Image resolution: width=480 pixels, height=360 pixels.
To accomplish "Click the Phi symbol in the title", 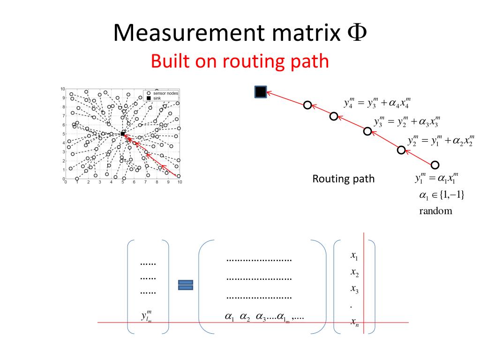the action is (357, 33).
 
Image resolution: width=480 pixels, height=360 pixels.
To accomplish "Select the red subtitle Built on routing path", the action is (240, 61).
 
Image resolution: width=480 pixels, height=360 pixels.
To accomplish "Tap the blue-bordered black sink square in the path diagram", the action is (260, 92).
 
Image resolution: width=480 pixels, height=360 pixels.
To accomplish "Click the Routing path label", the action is (343, 179).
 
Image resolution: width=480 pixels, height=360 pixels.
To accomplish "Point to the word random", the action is (435, 210).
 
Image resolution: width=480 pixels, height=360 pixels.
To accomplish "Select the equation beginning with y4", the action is (377, 102).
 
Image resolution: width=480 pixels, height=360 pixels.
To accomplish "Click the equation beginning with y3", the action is (407, 121).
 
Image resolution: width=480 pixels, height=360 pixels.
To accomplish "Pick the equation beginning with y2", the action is (440, 140).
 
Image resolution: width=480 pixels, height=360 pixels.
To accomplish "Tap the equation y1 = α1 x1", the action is (435, 178).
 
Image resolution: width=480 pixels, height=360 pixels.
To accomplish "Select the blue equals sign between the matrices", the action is (186, 285).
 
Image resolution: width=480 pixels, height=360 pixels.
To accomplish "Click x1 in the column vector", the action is (354, 256).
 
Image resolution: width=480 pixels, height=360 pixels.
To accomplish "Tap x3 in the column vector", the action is (354, 289).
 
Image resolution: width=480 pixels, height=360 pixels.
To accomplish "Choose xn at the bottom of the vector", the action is (354, 322).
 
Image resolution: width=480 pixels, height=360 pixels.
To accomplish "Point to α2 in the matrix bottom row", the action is (245, 317).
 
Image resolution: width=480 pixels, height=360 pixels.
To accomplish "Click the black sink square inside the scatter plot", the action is (123, 134).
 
